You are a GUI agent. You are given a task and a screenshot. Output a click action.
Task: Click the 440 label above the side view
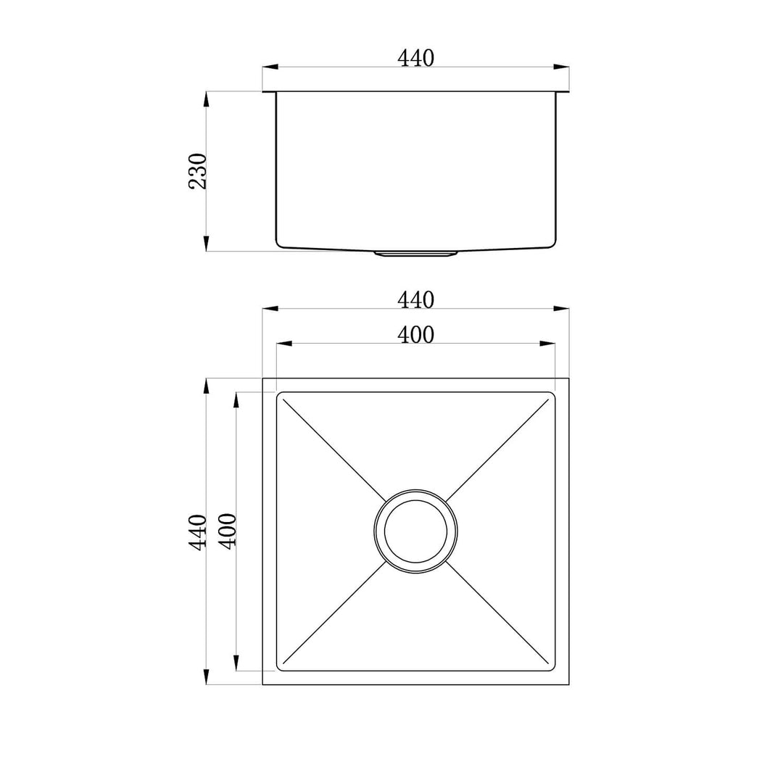(x=415, y=58)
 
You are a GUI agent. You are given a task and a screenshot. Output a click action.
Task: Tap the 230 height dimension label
(x=198, y=171)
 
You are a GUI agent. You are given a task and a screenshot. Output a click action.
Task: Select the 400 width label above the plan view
(x=415, y=334)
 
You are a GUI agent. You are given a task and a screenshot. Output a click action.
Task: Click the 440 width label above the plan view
(x=415, y=299)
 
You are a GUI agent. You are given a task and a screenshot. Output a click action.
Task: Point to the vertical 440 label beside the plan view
(x=198, y=531)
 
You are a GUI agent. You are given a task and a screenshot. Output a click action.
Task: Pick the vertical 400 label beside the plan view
(x=227, y=531)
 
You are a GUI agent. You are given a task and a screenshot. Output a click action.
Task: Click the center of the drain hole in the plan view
(x=415, y=531)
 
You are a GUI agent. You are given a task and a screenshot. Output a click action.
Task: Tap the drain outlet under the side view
(x=415, y=253)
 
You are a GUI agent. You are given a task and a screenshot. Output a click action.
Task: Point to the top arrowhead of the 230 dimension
(x=207, y=99)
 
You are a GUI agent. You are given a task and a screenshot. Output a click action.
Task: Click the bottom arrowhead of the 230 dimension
(x=207, y=243)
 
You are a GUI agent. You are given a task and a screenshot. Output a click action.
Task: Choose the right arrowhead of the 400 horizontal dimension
(x=547, y=344)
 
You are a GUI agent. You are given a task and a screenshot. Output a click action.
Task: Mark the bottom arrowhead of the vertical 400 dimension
(x=236, y=662)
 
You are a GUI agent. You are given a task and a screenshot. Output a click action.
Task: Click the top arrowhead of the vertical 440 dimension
(x=207, y=386)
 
